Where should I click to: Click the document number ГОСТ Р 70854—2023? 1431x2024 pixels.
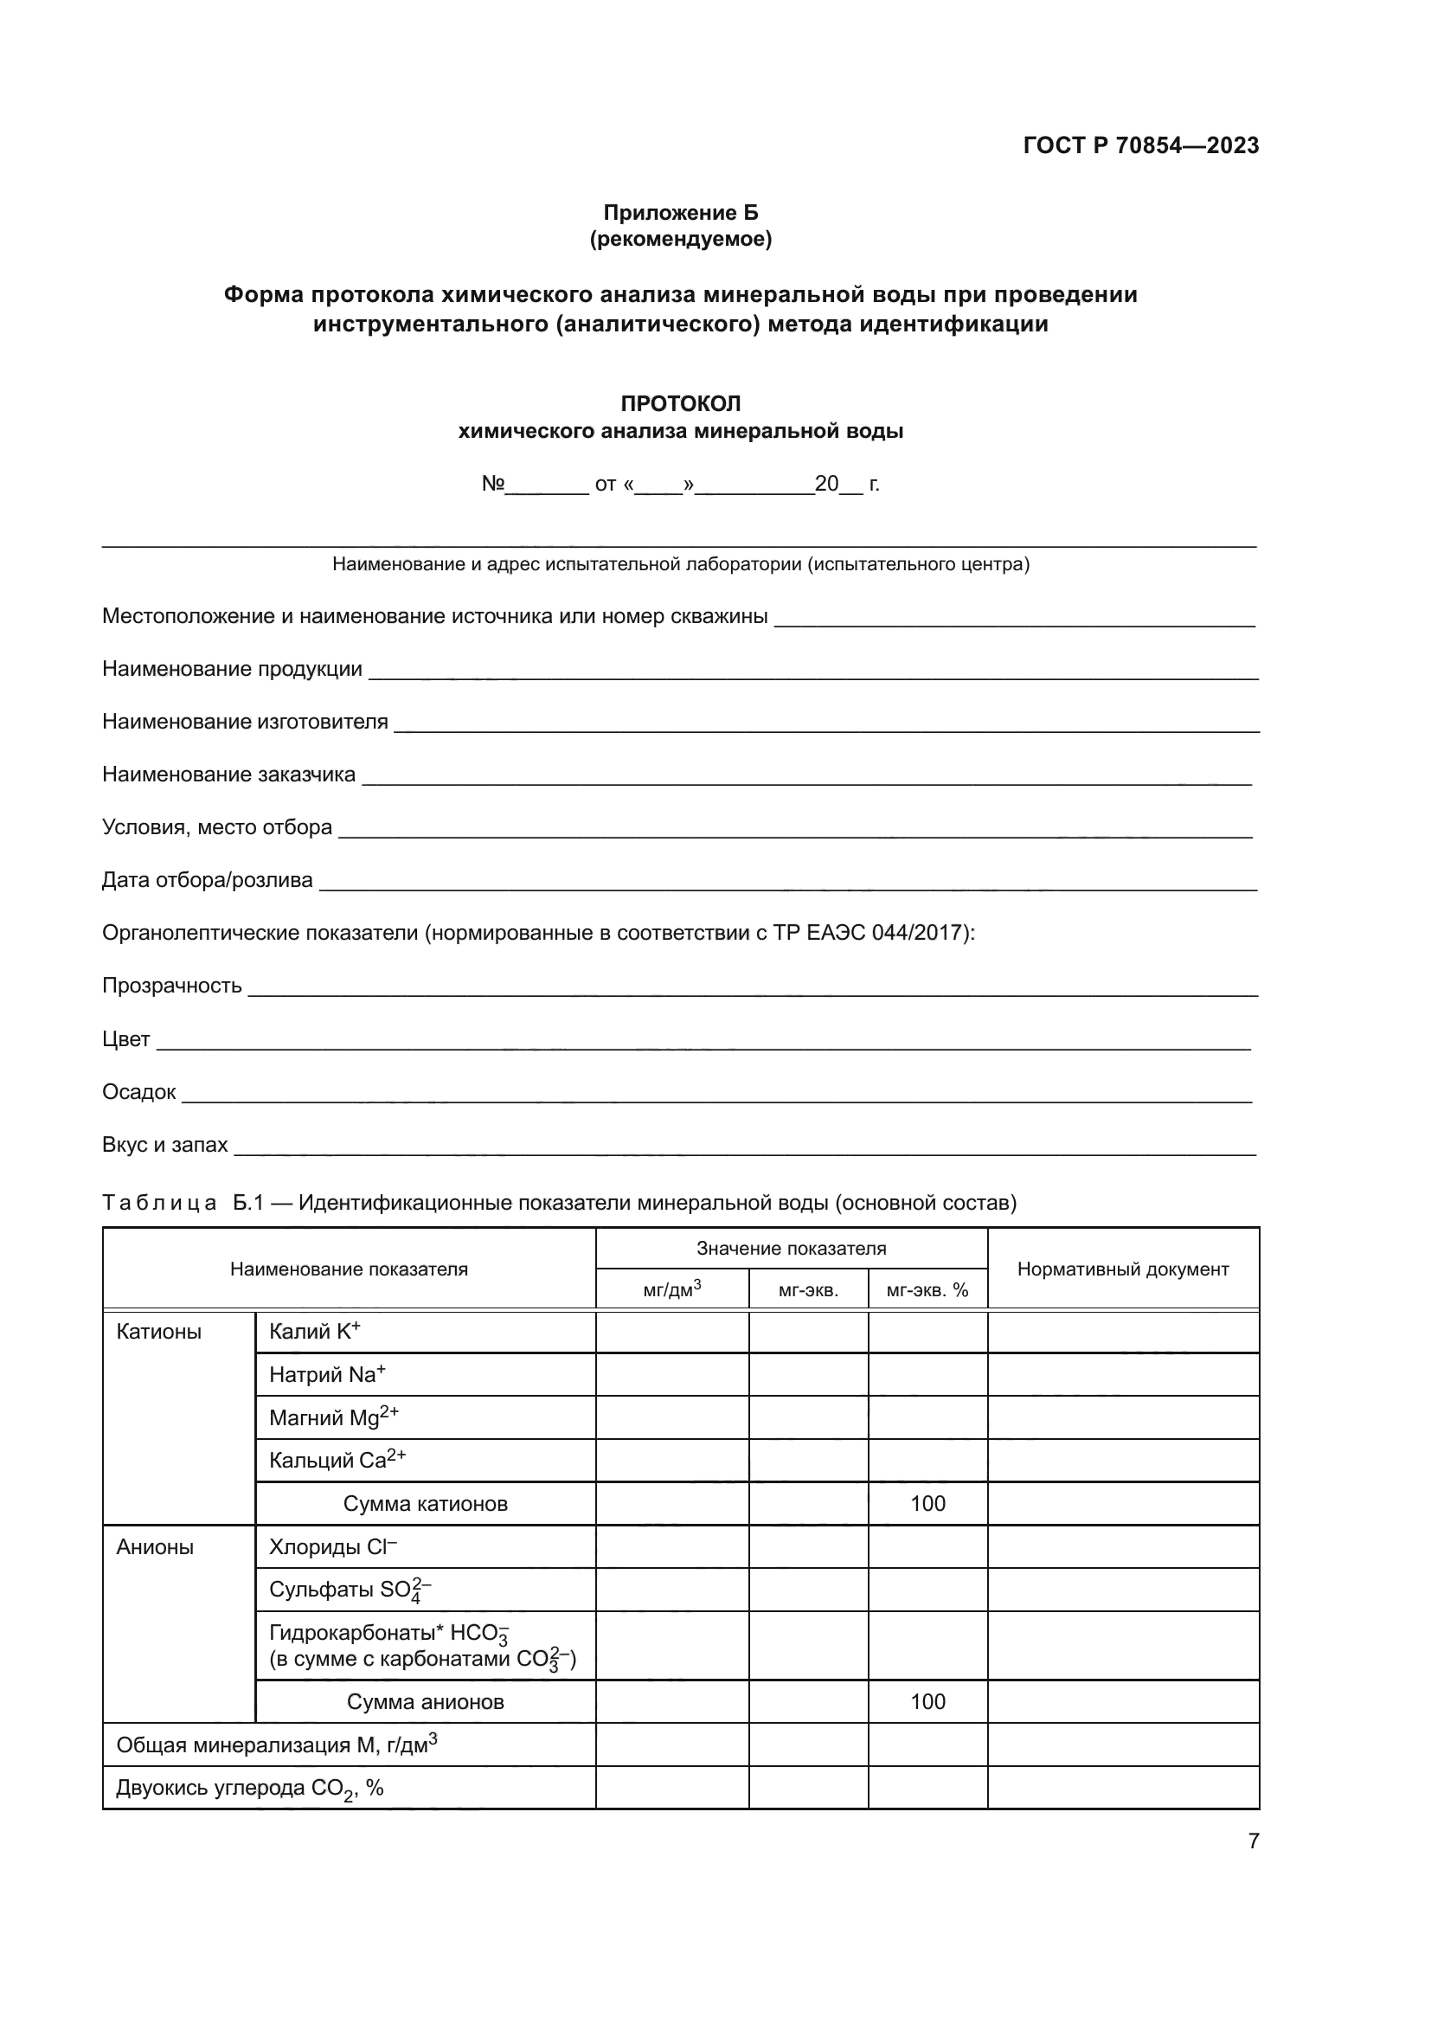[1140, 145]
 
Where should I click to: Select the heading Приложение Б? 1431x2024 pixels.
[680, 213]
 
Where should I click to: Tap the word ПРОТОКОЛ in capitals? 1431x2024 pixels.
[680, 404]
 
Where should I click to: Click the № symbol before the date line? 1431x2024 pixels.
[492, 484]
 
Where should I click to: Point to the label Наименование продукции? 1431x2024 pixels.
[232, 669]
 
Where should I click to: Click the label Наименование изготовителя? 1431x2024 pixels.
[245, 722]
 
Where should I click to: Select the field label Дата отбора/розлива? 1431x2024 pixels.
[207, 880]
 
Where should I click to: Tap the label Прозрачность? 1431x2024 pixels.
[172, 986]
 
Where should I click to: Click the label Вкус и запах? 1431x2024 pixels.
[164, 1144]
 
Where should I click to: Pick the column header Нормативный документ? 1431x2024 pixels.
[1123, 1269]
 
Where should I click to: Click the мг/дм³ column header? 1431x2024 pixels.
[671, 1289]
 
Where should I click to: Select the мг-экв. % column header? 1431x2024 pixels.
[927, 1290]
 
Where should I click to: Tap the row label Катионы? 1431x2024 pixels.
[158, 1332]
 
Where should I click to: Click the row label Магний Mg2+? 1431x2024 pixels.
[333, 1417]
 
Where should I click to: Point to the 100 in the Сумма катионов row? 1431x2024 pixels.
[927, 1503]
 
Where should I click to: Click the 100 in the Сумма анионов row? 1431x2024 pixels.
[927, 1701]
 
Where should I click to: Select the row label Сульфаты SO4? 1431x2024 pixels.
[349, 1590]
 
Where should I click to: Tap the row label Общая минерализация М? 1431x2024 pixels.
[276, 1744]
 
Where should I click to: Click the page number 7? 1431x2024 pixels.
[1253, 1841]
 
